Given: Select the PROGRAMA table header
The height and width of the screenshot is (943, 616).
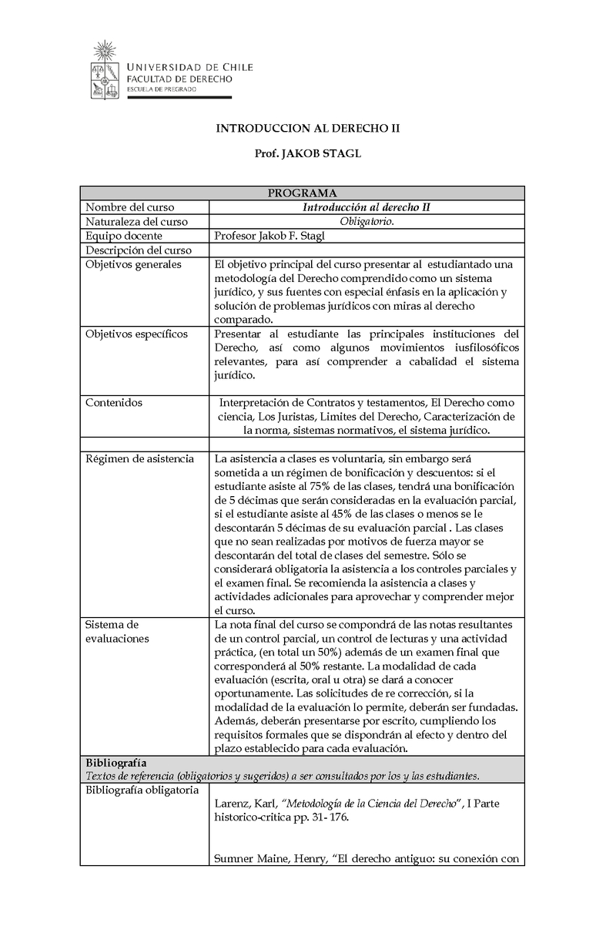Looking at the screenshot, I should tap(302, 193).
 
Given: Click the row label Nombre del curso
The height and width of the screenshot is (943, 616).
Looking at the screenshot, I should tap(129, 207).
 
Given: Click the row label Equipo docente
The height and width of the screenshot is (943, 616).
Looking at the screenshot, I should tap(123, 236).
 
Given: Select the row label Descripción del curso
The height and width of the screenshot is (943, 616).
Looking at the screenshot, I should tap(138, 250).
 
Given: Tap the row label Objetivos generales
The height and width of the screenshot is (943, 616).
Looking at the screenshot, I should tap(133, 264).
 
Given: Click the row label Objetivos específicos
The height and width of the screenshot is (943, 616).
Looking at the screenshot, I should tap(136, 334).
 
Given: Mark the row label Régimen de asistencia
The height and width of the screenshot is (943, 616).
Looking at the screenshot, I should tap(139, 458).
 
